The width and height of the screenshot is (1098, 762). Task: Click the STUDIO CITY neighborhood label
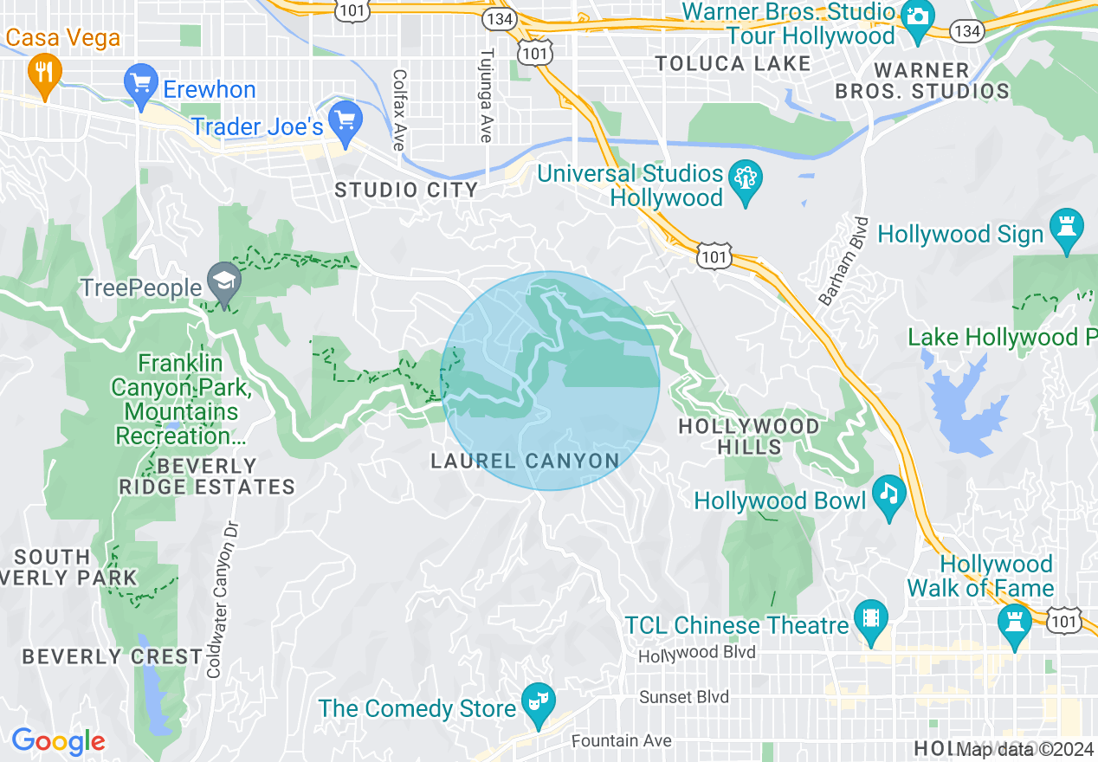click(x=406, y=190)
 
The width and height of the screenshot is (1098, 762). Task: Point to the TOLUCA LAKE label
click(x=733, y=63)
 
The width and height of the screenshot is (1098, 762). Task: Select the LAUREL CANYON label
click(x=525, y=461)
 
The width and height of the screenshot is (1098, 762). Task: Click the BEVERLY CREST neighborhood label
click(x=112, y=656)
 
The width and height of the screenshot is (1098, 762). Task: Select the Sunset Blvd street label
click(x=684, y=697)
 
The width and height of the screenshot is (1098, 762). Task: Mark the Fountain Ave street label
click(x=622, y=741)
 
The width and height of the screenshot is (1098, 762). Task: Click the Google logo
click(x=58, y=741)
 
